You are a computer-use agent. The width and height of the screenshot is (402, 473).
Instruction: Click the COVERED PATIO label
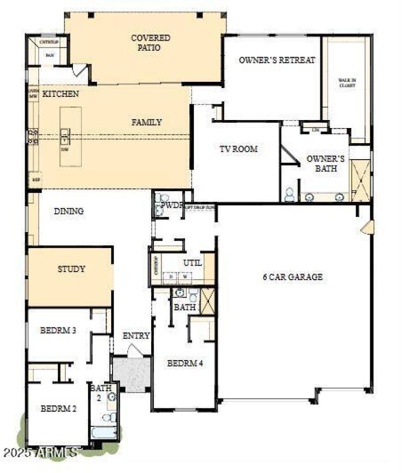click(150, 43)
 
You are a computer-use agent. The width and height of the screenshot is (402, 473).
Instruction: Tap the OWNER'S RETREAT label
click(277, 60)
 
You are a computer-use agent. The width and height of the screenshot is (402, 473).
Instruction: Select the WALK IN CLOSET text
click(347, 83)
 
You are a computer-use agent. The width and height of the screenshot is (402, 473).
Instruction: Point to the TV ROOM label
click(238, 149)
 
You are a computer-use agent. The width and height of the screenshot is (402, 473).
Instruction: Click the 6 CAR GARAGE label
click(292, 277)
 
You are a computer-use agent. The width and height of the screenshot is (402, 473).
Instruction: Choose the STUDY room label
click(71, 269)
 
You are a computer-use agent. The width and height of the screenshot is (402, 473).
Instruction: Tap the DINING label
click(68, 211)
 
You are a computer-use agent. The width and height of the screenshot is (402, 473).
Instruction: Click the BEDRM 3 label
click(58, 331)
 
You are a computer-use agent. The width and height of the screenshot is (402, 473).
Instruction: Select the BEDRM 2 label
click(58, 408)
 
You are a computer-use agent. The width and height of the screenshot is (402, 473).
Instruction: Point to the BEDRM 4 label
click(184, 364)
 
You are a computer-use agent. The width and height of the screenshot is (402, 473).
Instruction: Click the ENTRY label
click(136, 336)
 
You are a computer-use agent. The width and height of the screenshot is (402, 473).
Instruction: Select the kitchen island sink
click(65, 134)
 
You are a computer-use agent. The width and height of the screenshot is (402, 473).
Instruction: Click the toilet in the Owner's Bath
click(290, 195)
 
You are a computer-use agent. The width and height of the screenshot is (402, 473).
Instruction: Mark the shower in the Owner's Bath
click(360, 181)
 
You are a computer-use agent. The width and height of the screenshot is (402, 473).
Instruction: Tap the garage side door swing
click(367, 227)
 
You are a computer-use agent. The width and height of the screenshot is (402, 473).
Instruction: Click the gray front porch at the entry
click(132, 374)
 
